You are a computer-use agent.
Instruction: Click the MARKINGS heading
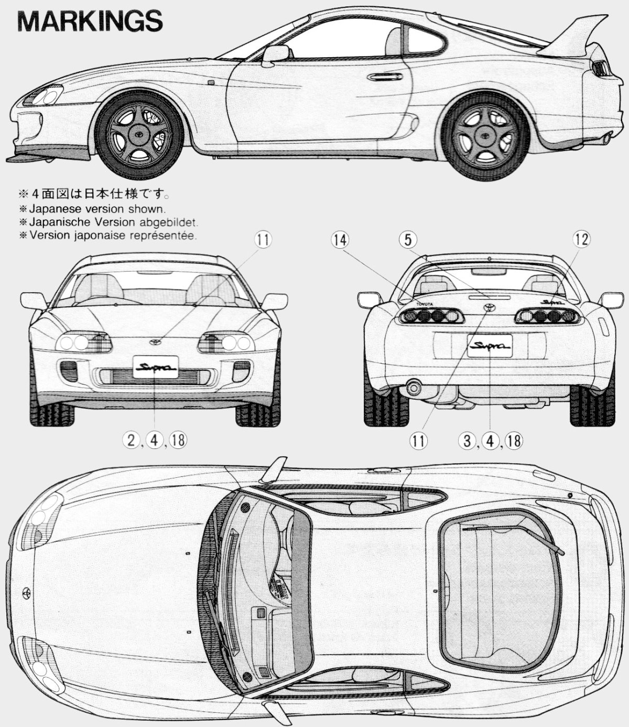(x=90, y=21)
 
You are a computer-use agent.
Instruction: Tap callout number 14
(x=340, y=240)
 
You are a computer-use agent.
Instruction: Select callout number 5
(x=408, y=240)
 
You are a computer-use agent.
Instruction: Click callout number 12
(x=581, y=239)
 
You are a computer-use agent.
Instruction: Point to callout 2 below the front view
(x=131, y=440)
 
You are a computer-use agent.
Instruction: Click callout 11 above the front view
(x=263, y=240)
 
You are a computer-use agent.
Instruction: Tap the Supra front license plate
(x=155, y=367)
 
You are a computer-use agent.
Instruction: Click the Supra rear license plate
(x=490, y=346)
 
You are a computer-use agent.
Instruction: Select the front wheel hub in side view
(x=139, y=134)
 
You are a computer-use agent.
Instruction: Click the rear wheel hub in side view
(x=485, y=135)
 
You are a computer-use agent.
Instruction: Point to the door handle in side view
(x=385, y=77)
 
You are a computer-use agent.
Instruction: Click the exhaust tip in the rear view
(x=414, y=388)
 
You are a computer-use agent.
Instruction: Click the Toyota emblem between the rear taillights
(x=489, y=307)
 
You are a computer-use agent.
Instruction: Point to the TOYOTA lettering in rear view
(x=425, y=304)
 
